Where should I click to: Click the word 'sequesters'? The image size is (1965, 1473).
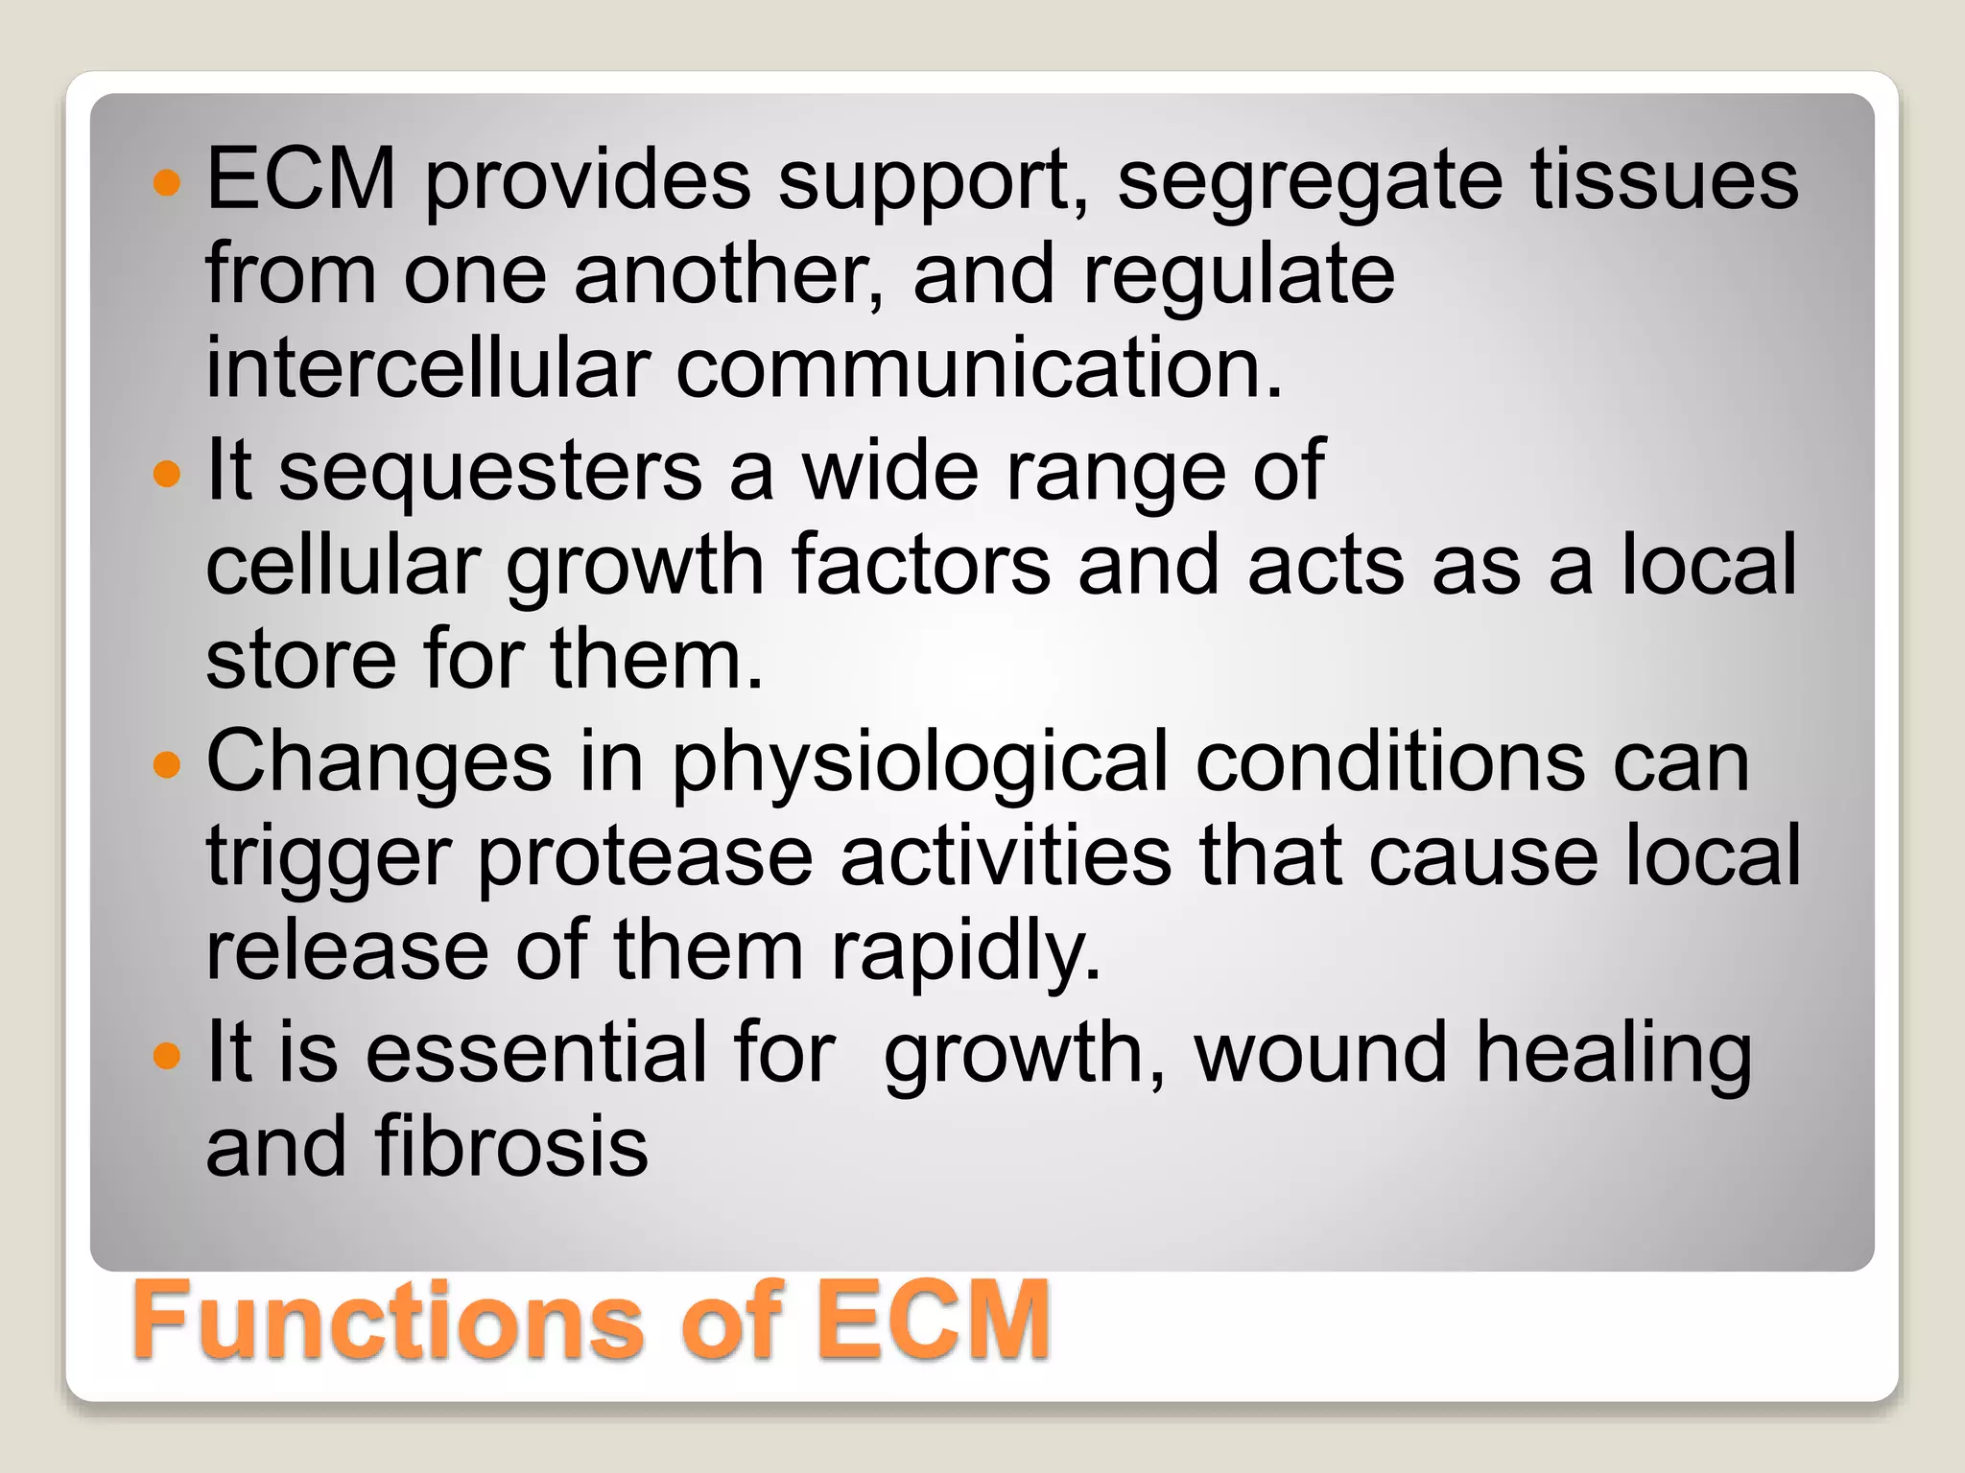tap(490, 470)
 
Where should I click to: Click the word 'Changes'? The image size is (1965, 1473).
tap(379, 763)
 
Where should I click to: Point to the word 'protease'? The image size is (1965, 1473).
tap(645, 859)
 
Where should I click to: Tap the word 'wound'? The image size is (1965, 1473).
tap(1320, 1052)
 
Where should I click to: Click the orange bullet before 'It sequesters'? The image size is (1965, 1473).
tap(167, 473)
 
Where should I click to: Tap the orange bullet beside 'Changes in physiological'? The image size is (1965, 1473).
tap(167, 764)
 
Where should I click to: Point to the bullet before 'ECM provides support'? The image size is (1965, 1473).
tap(167, 181)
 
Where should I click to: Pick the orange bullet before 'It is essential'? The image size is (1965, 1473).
tap(167, 1056)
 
